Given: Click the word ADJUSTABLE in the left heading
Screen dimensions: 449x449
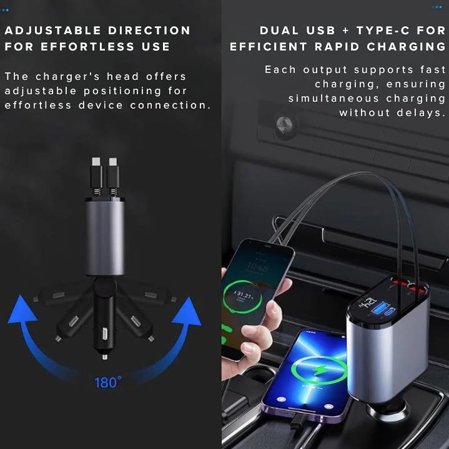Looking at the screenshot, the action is [53, 31].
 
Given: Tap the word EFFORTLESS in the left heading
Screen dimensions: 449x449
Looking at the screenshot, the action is [87, 46].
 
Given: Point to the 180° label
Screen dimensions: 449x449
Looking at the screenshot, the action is [108, 382].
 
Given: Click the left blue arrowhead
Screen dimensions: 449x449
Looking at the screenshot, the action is [22, 310].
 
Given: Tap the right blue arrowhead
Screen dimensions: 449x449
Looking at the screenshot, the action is [187, 312].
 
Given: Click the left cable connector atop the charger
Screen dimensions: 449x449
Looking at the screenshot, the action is [97, 173].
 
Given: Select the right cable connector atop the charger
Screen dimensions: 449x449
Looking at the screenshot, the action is [113, 173].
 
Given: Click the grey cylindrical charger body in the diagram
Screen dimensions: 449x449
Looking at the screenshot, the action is [105, 238].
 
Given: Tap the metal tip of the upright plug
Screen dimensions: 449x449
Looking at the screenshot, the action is [105, 357].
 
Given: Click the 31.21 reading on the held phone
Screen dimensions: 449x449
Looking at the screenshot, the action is [245, 294].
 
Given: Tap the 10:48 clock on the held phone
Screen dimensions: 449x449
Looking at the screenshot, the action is [257, 268].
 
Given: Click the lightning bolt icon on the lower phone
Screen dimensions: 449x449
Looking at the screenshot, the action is [318, 370].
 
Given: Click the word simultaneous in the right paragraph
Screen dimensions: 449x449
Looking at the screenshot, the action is [333, 99].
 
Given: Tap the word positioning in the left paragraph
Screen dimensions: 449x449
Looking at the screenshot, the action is [122, 91].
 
